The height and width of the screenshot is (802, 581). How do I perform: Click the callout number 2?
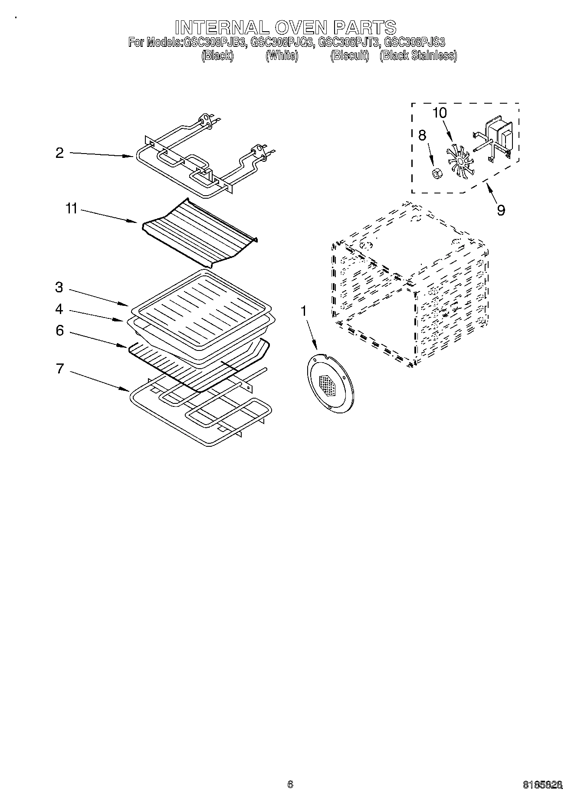click(59, 153)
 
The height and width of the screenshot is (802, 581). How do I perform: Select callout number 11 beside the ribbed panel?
click(71, 209)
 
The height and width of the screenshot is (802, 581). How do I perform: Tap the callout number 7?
click(59, 369)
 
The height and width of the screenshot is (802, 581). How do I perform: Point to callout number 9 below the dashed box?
click(501, 210)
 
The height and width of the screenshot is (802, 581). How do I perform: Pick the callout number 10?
click(440, 113)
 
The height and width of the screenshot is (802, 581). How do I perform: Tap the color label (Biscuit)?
click(349, 56)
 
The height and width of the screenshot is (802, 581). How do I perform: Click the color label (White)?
click(282, 56)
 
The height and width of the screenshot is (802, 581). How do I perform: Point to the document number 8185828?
click(543, 783)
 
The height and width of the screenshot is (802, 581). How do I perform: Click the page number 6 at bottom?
click(290, 783)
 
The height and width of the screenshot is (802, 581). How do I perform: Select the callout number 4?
click(59, 309)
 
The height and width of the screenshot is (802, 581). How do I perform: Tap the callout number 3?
click(59, 287)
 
